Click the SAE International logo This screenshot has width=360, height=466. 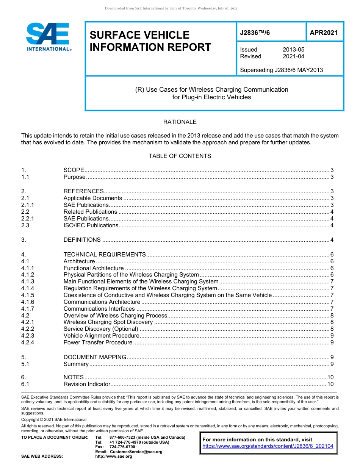[48, 37]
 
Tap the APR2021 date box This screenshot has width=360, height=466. [324, 33]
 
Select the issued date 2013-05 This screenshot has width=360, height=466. [293, 50]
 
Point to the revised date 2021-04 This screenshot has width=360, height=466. [293, 56]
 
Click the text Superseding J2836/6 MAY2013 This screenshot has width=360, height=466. [282, 70]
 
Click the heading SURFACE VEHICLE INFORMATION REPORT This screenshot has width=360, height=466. [150, 41]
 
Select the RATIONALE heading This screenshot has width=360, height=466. [180, 122]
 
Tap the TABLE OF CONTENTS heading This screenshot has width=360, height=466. [180, 156]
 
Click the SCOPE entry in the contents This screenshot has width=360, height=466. [74, 170]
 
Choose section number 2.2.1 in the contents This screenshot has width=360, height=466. [28, 219]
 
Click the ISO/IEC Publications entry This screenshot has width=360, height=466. [91, 225]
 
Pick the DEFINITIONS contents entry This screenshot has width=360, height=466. [82, 240]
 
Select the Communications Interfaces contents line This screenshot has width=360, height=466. [99, 309]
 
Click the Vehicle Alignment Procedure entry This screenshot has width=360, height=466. [101, 336]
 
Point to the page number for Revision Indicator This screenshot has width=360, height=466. [330, 384]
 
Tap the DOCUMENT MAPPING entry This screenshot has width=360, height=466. [95, 357]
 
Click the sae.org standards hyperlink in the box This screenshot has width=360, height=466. [268, 446]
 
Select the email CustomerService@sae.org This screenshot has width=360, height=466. [136, 452]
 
